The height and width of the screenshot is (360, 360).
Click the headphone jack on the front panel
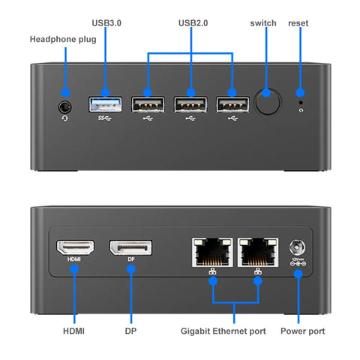coord(65,106)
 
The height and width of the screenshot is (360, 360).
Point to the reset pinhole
coord(301,100)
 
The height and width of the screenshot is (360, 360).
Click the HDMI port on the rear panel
coord(74,247)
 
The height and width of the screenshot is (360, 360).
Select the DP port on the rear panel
coord(130,247)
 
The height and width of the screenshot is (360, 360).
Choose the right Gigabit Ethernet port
coord(257,252)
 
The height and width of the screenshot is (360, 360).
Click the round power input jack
coord(298,247)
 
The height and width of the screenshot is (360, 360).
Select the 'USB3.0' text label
coord(106,23)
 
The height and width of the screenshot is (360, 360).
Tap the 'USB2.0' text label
coord(193,23)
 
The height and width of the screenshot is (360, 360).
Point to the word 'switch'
coord(263,23)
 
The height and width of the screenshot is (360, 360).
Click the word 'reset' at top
coord(299,23)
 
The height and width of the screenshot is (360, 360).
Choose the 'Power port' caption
coord(303,331)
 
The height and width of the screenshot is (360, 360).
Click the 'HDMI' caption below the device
coord(73,331)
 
